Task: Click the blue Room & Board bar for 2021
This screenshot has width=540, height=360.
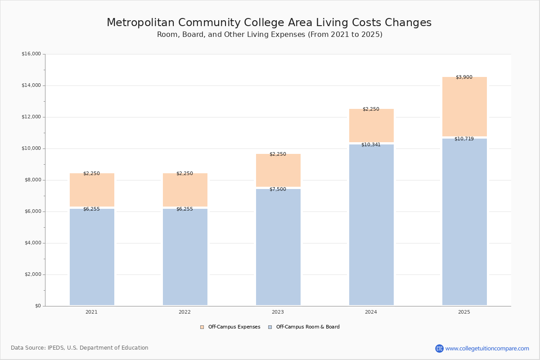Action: click(92, 257)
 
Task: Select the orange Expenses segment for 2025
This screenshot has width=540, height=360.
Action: click(464, 107)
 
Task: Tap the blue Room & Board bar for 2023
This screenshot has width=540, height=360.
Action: click(278, 247)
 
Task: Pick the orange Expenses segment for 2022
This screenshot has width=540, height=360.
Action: click(185, 190)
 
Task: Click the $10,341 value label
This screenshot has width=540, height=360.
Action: click(371, 145)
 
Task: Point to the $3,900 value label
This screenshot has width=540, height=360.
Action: click(464, 77)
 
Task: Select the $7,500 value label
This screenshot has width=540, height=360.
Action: click(278, 189)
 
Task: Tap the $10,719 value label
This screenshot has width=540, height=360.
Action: click(464, 139)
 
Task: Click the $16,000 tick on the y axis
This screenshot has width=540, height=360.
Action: click(31, 54)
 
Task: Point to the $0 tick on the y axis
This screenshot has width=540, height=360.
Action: click(38, 306)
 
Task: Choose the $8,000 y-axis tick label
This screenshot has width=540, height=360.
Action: click(32, 180)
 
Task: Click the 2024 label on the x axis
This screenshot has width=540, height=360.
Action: click(371, 312)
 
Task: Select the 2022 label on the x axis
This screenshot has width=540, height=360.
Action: click(184, 312)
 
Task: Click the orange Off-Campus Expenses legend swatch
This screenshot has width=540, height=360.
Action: click(202, 327)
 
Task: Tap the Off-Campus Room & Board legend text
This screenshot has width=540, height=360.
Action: click(308, 327)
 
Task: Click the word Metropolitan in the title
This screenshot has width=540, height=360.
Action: click(140, 22)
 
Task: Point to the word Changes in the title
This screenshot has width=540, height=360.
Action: click(408, 22)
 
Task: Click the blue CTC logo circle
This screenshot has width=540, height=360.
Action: click(439, 348)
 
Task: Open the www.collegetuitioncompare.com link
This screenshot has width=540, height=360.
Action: click(487, 349)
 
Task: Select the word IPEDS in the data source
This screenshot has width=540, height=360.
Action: click(56, 348)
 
